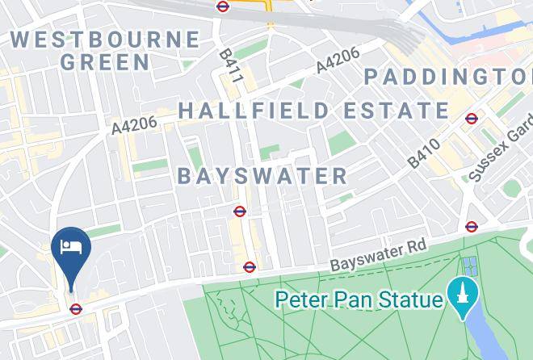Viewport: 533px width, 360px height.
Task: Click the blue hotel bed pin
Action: (x=70, y=248)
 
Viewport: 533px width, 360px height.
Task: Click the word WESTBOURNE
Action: (x=106, y=39)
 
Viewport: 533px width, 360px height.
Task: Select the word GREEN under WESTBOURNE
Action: (x=105, y=62)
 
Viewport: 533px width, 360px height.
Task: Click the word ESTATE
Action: (x=397, y=111)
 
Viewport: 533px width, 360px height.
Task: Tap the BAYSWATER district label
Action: (x=262, y=176)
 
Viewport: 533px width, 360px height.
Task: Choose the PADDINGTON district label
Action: (x=448, y=77)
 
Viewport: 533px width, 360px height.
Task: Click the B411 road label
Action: (x=231, y=66)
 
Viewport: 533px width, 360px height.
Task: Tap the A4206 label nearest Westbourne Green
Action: (x=134, y=124)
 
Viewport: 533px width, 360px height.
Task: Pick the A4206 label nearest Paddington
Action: (x=338, y=60)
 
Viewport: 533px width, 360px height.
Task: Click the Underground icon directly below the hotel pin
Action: (x=76, y=308)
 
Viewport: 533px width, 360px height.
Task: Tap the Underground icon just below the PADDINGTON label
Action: (x=472, y=119)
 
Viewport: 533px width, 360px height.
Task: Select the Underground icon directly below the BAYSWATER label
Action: (x=240, y=211)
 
